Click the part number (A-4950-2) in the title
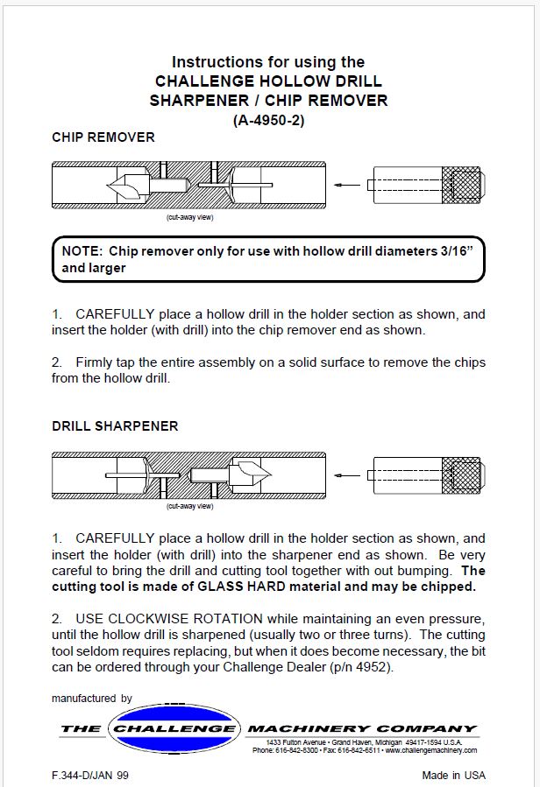tap(268, 120)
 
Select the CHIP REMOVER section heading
tap(103, 137)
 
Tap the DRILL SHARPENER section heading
tap(115, 426)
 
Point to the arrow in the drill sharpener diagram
tap(349, 474)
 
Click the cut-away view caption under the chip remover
tap(190, 216)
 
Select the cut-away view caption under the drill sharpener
tap(190, 505)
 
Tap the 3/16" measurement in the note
tap(456, 251)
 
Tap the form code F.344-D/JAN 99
tap(90, 775)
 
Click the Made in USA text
tap(453, 775)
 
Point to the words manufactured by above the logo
tap(91, 699)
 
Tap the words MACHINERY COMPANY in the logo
tap(362, 728)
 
